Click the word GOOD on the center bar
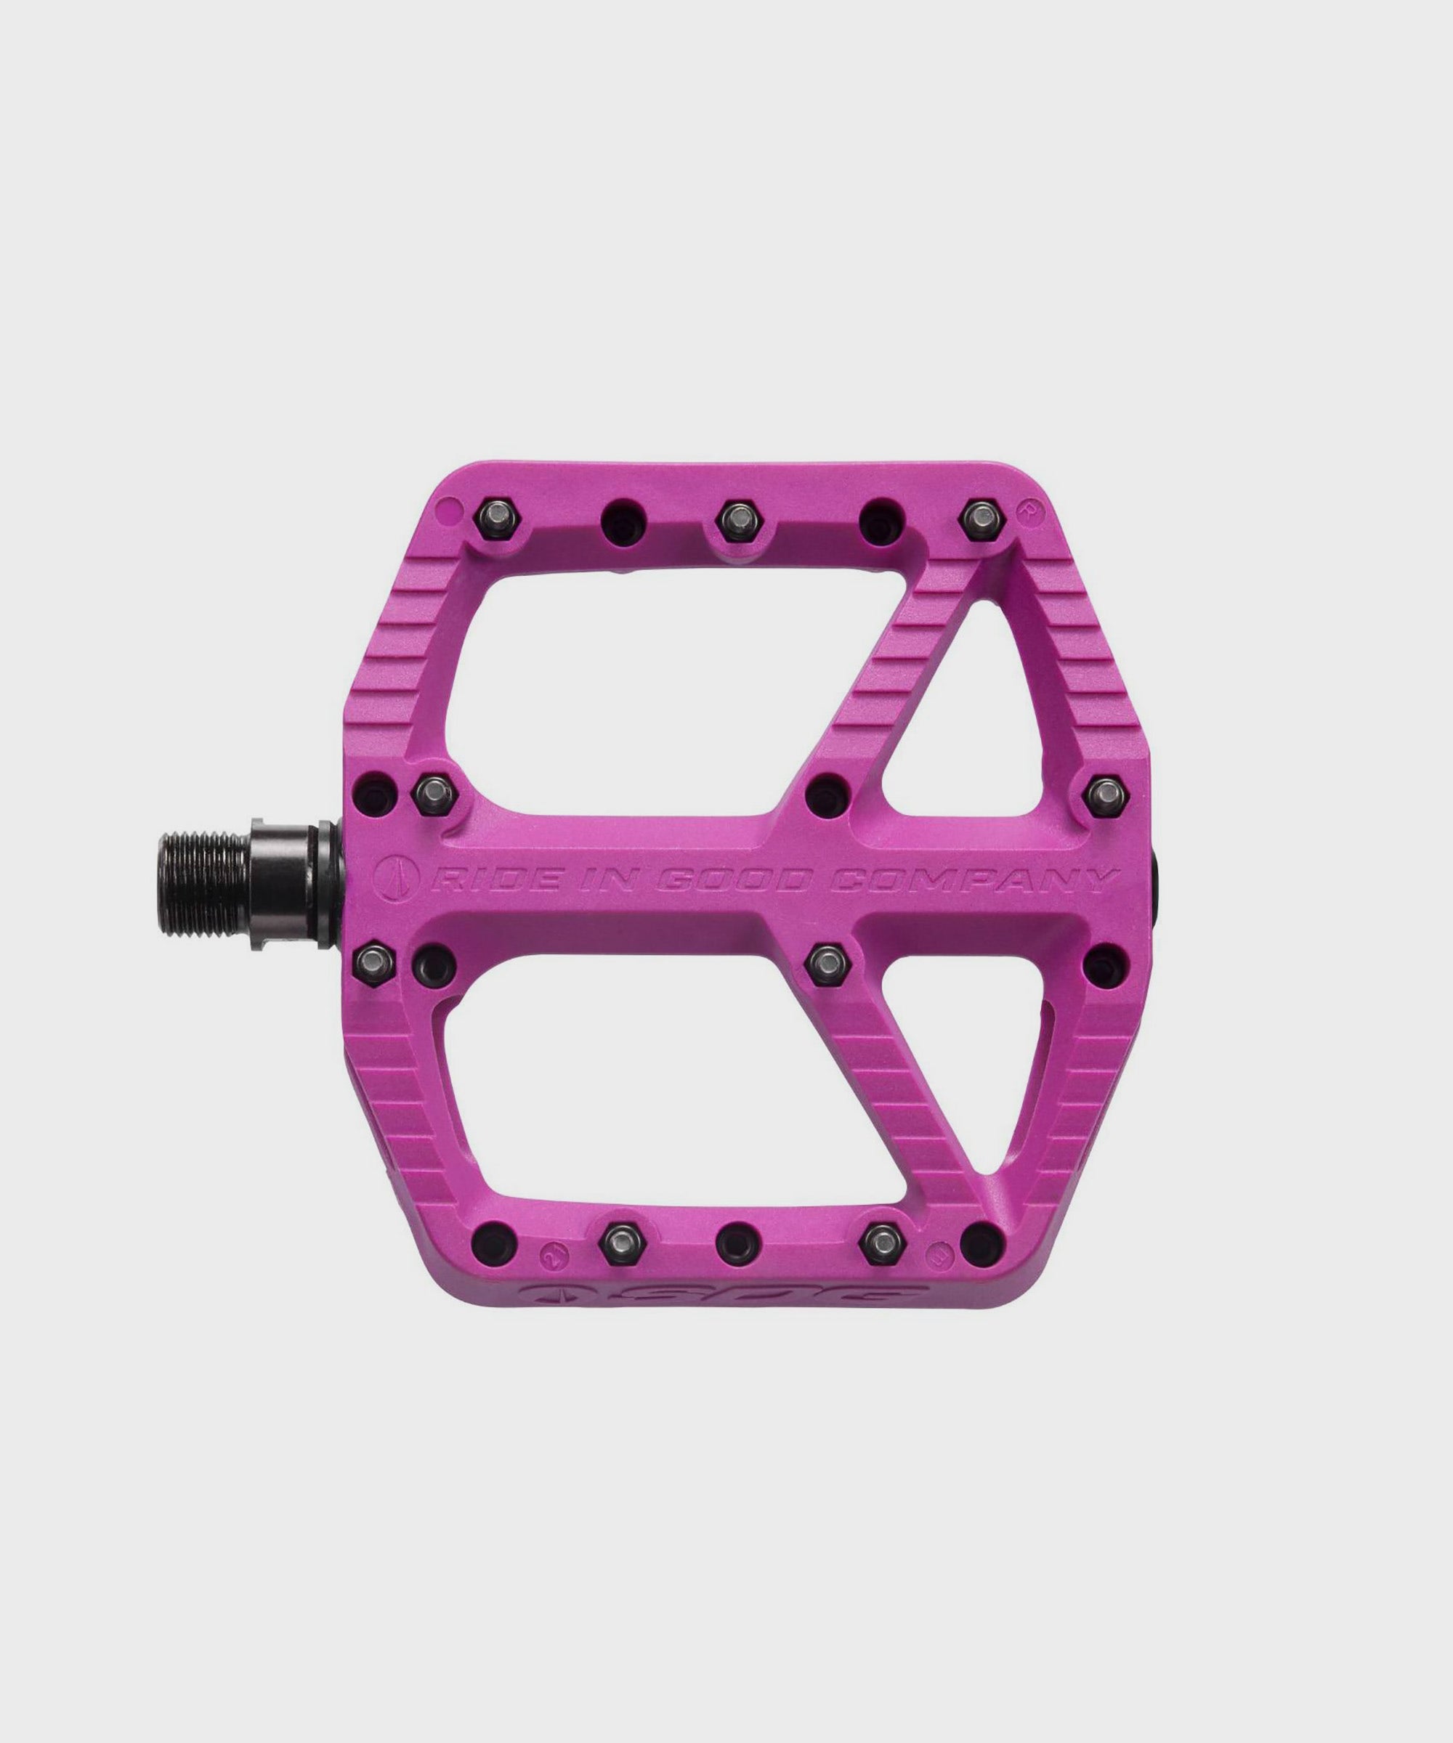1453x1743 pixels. click(x=732, y=878)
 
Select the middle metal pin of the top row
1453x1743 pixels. click(x=734, y=519)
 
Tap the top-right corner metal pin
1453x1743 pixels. click(x=980, y=519)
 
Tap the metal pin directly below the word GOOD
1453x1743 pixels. click(x=826, y=963)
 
